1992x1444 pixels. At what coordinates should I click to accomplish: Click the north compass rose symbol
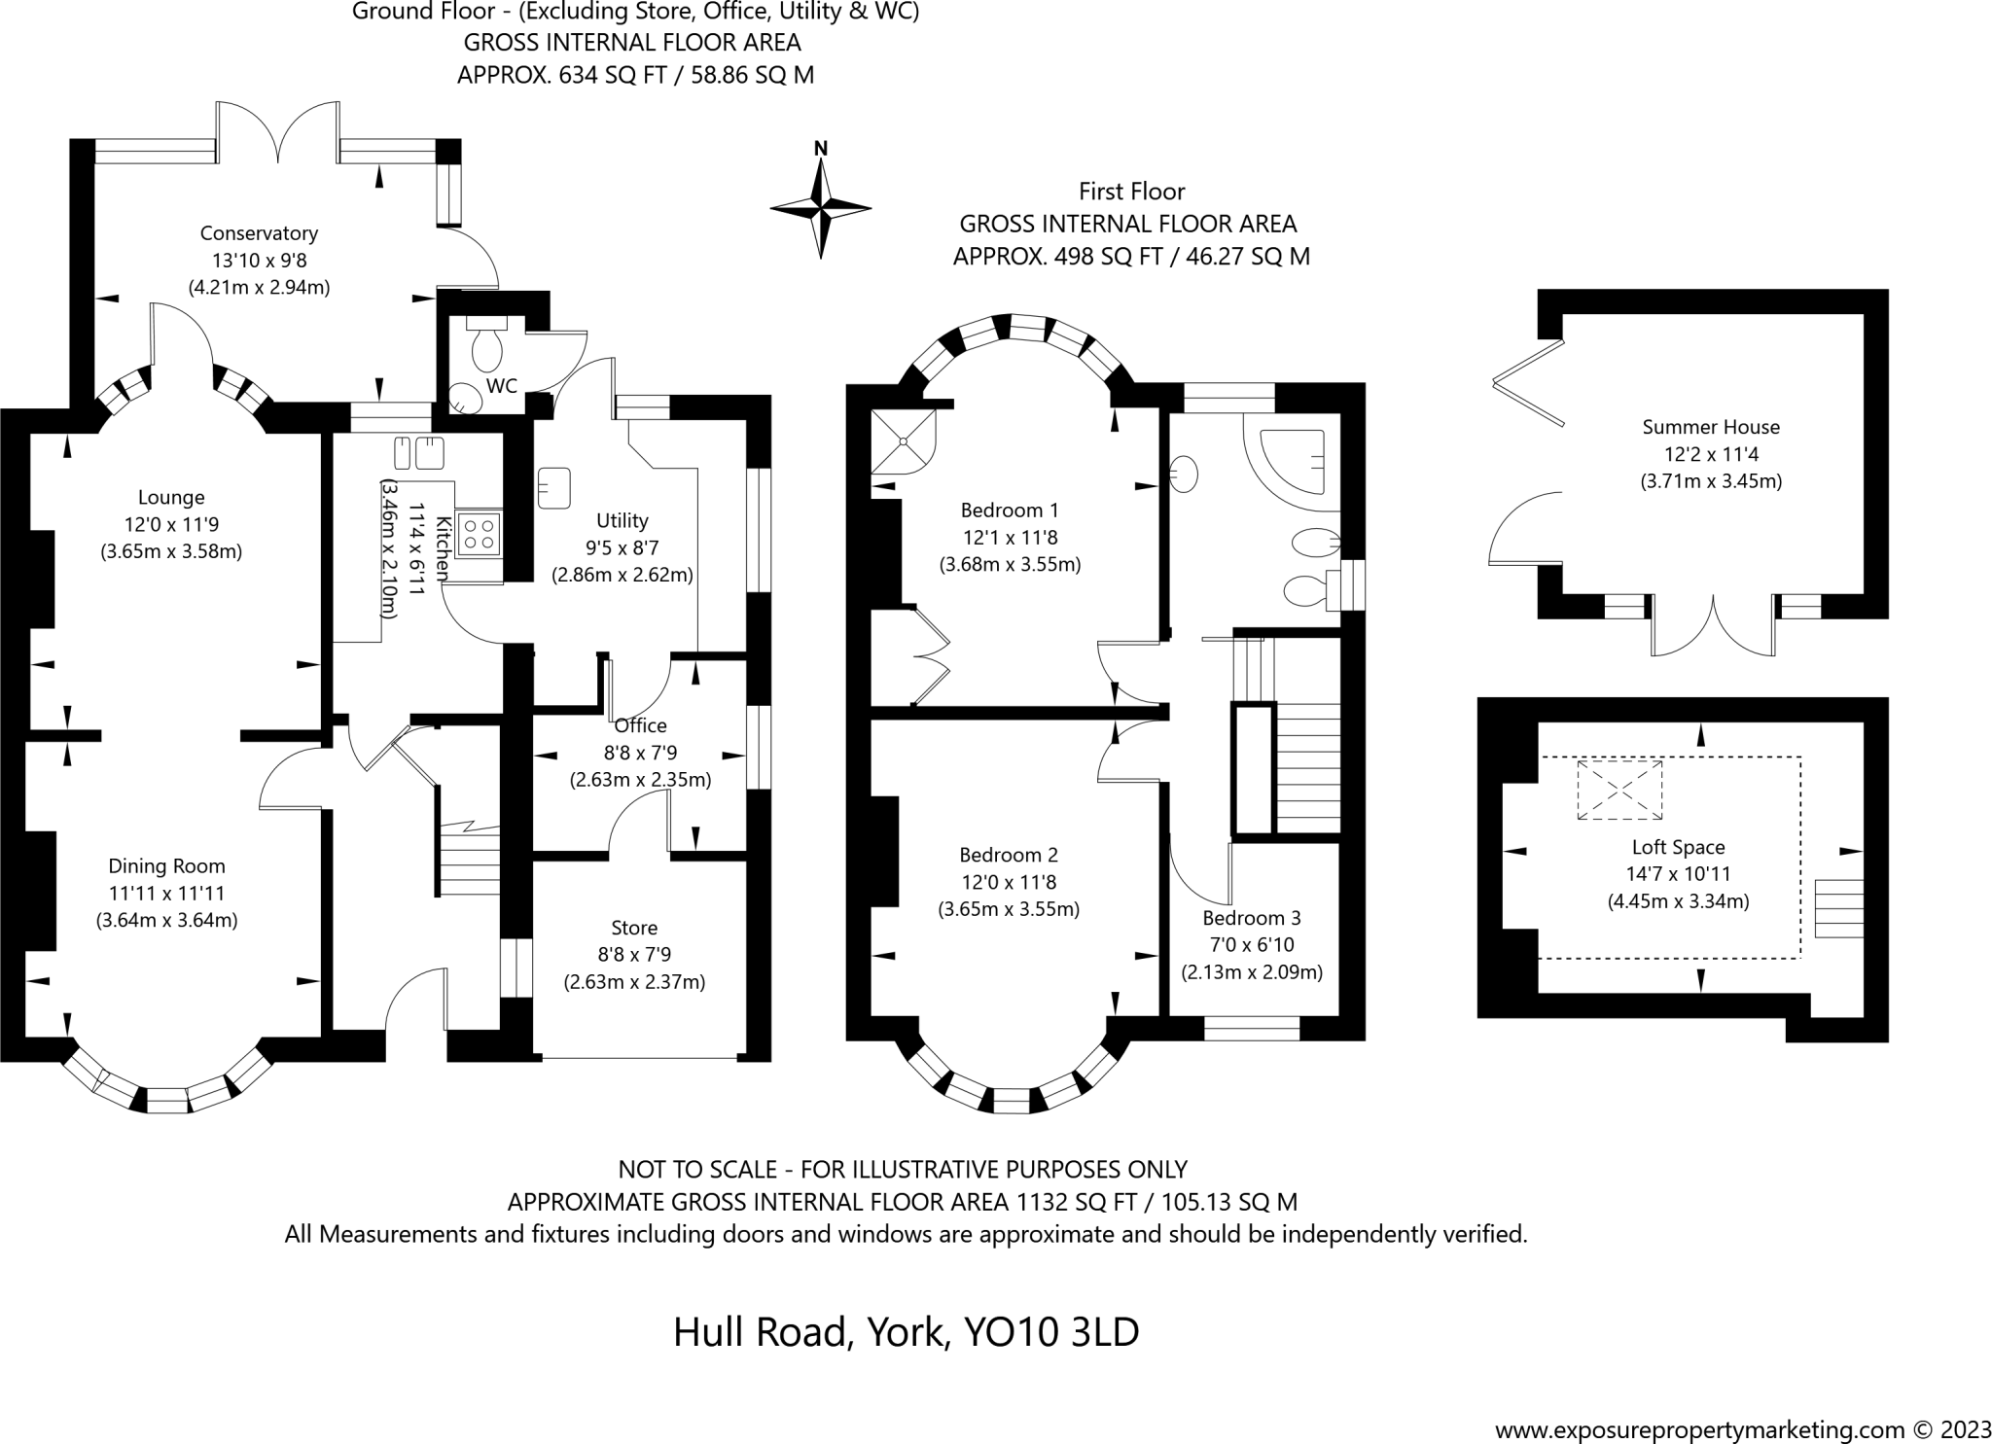click(821, 207)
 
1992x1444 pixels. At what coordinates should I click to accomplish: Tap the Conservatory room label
click(259, 233)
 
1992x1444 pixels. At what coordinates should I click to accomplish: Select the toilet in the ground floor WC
click(485, 339)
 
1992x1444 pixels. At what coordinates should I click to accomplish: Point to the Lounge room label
click(171, 498)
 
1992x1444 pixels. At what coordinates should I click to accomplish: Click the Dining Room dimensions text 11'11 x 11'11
click(166, 893)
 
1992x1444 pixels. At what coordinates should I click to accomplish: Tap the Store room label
click(634, 928)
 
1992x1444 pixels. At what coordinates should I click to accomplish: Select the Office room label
click(641, 725)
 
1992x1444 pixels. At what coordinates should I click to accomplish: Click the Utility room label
click(622, 520)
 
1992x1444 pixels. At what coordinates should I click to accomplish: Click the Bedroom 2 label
click(1009, 855)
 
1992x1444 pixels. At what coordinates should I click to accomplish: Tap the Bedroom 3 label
click(1252, 918)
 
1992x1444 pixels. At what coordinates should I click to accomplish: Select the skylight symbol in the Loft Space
click(1619, 791)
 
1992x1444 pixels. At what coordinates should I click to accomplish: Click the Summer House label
click(1711, 427)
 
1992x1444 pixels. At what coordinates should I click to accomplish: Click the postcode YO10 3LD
click(1050, 1332)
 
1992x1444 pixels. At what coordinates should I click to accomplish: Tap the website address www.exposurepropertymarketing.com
click(1699, 1429)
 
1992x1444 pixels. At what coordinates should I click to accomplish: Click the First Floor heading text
click(1132, 192)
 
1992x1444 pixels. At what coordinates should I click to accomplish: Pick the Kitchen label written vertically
click(444, 548)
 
